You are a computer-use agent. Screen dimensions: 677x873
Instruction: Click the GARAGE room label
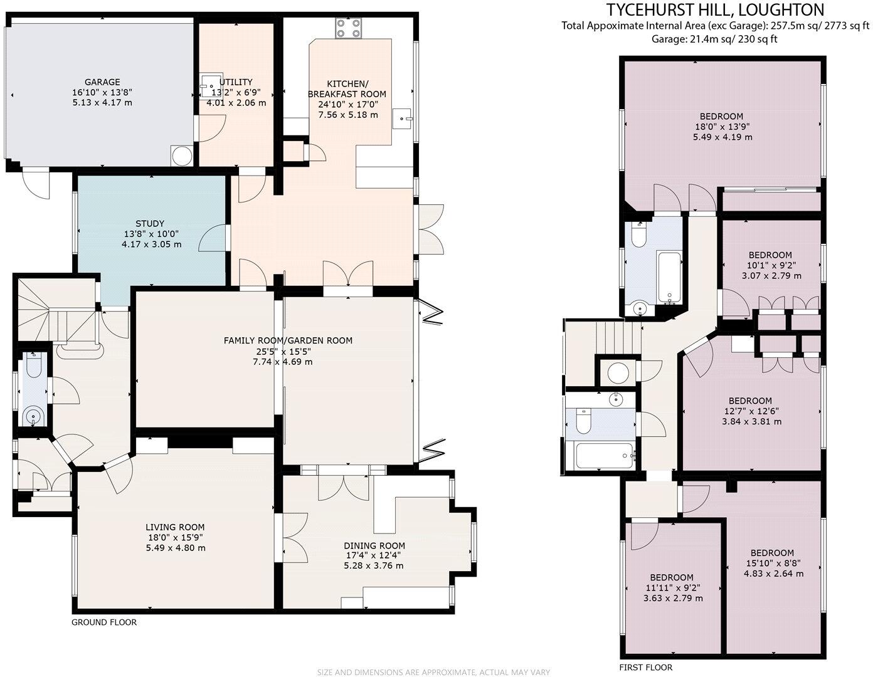point(102,82)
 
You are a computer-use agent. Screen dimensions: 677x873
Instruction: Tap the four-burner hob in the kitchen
point(349,28)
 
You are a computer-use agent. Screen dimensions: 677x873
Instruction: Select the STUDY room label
point(150,223)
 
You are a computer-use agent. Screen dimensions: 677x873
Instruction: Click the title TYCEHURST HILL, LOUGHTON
point(714,9)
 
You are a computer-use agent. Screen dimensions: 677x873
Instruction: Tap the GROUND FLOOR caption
point(103,622)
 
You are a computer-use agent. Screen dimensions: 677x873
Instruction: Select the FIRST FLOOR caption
point(645,668)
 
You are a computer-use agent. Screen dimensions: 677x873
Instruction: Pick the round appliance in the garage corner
point(181,156)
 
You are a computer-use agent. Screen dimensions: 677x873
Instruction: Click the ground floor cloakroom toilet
point(33,364)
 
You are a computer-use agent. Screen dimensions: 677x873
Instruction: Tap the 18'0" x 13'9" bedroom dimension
point(722,127)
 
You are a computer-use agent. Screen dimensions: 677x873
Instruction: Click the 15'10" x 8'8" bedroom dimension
point(772,563)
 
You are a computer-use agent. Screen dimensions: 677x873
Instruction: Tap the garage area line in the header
point(714,39)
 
